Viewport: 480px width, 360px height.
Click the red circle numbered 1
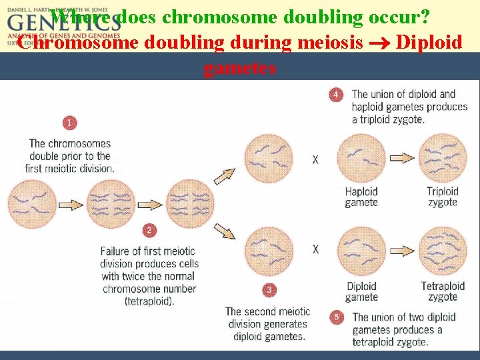coord(70,123)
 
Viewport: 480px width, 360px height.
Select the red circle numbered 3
coord(268,290)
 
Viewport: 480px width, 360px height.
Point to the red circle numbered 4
coord(337,95)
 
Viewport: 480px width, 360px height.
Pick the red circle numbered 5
coord(337,317)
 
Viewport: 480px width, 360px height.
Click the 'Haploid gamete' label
coord(361,197)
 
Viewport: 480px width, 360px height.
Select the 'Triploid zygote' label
coord(443,197)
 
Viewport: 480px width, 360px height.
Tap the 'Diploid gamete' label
coord(361,291)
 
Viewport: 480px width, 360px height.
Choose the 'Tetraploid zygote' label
coord(443,291)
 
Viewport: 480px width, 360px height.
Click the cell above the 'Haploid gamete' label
coord(361,159)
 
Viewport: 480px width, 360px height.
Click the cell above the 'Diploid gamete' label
coord(361,252)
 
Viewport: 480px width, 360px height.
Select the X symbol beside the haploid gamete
coord(315,160)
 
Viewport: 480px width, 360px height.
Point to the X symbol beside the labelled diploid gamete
coord(315,249)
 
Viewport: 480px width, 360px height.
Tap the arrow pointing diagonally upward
coord(224,175)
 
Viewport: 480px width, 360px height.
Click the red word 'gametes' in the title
coord(239,68)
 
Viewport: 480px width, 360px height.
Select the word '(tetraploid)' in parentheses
coord(149,301)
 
